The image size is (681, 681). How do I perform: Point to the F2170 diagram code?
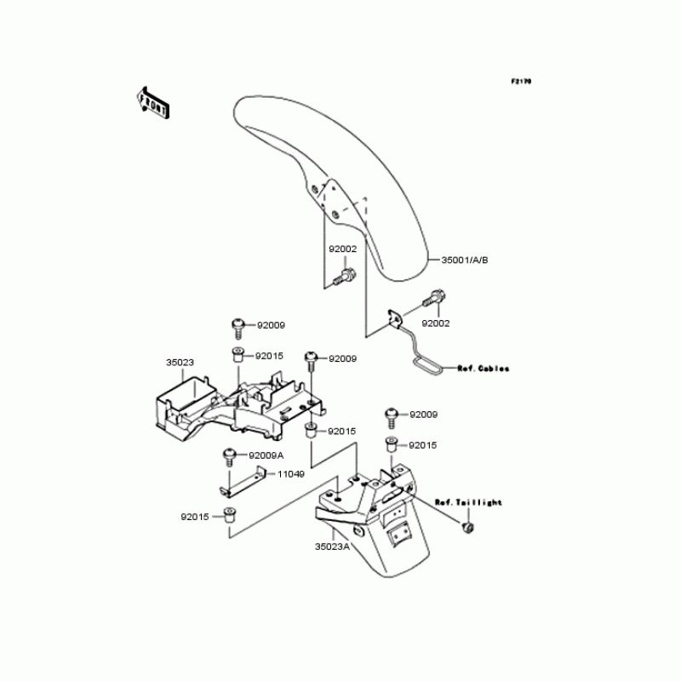pyautogui.click(x=521, y=82)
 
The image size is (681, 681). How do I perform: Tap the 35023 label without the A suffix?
pyautogui.click(x=179, y=362)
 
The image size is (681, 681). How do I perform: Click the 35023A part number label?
pyautogui.click(x=332, y=547)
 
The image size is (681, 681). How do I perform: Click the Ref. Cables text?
pyautogui.click(x=483, y=369)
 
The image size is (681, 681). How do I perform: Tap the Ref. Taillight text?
pyautogui.click(x=468, y=502)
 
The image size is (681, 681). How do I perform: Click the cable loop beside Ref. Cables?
pyautogui.click(x=427, y=365)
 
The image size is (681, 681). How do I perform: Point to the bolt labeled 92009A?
pyautogui.click(x=229, y=458)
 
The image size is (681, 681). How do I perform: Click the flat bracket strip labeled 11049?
pyautogui.click(x=241, y=484)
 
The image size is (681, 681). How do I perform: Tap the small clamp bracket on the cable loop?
pyautogui.click(x=396, y=318)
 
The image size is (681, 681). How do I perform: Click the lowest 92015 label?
pyautogui.click(x=195, y=516)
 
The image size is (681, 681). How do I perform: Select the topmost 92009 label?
pyautogui.click(x=270, y=325)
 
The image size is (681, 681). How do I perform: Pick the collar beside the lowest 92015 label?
pyautogui.click(x=227, y=514)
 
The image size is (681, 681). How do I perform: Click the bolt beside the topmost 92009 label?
pyautogui.click(x=237, y=326)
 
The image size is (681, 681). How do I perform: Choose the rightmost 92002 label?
pyautogui.click(x=436, y=323)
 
